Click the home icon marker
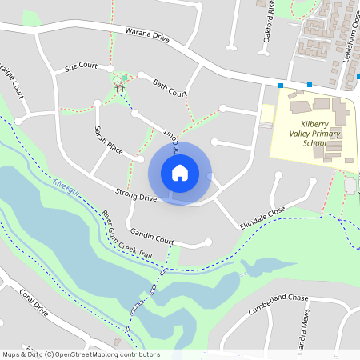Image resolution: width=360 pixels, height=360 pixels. [180, 173]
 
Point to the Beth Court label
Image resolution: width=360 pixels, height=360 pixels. [170, 88]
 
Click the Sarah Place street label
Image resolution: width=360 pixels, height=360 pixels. [107, 139]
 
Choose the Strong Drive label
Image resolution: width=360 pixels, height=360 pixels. [136, 194]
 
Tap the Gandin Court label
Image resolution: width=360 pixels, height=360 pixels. [152, 238]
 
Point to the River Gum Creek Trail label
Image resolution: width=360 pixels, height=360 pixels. [126, 233]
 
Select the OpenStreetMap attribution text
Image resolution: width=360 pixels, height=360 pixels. [80, 354]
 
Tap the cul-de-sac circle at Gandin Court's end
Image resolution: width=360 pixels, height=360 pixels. [208, 242]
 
